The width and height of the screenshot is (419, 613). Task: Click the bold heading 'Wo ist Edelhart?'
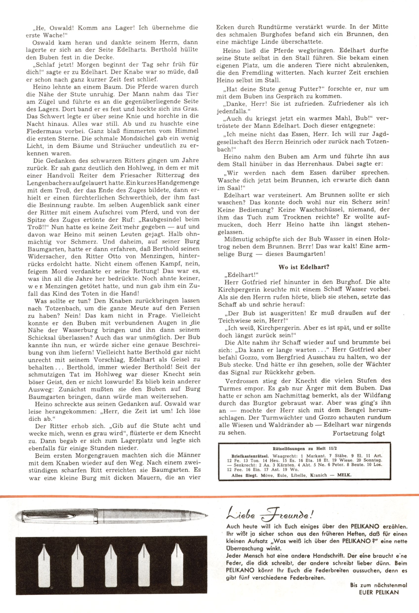click(x=304, y=267)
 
